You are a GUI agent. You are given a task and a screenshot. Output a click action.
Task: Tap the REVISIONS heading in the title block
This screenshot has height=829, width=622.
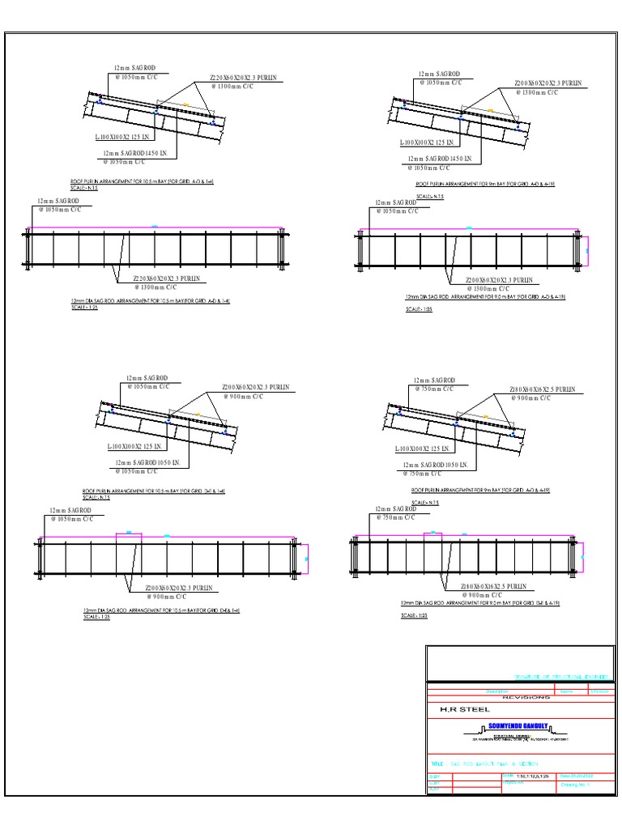coord(526,697)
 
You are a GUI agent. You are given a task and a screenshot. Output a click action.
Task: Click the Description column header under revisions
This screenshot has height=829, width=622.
coord(496,691)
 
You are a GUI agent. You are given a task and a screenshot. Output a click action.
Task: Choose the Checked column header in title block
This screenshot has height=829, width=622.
coord(599,691)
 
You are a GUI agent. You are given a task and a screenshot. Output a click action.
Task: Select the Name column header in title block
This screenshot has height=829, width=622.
coord(566,691)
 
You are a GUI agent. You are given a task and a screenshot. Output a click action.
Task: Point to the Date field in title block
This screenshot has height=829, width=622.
coord(577,776)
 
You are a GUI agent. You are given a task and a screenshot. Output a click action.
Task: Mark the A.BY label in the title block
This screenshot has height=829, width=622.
coord(433,789)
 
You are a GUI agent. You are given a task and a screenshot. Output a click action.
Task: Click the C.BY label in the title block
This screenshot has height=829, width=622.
coord(433,783)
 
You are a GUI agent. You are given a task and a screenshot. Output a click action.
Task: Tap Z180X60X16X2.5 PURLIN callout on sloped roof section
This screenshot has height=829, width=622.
coord(542,389)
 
